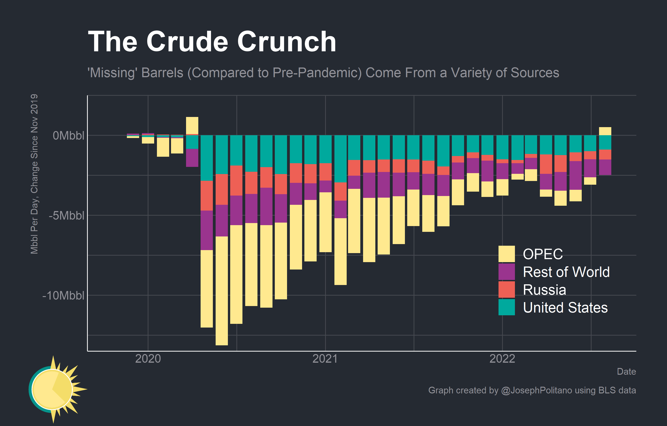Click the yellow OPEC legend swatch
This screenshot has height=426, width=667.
click(506, 254)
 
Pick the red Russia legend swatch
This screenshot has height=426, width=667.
click(506, 289)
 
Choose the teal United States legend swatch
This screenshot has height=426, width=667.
click(506, 307)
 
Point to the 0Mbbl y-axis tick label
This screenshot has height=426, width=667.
click(68, 136)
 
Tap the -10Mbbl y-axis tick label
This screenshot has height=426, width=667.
click(63, 296)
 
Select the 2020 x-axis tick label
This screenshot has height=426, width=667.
click(148, 359)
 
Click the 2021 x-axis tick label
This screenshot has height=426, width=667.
click(325, 359)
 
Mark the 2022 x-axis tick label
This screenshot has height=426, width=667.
click(502, 359)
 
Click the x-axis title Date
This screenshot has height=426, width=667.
click(626, 371)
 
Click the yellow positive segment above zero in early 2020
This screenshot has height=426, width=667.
click(192, 126)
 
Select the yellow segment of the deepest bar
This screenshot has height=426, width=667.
click(222, 291)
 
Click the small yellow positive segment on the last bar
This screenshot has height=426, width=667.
click(605, 131)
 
